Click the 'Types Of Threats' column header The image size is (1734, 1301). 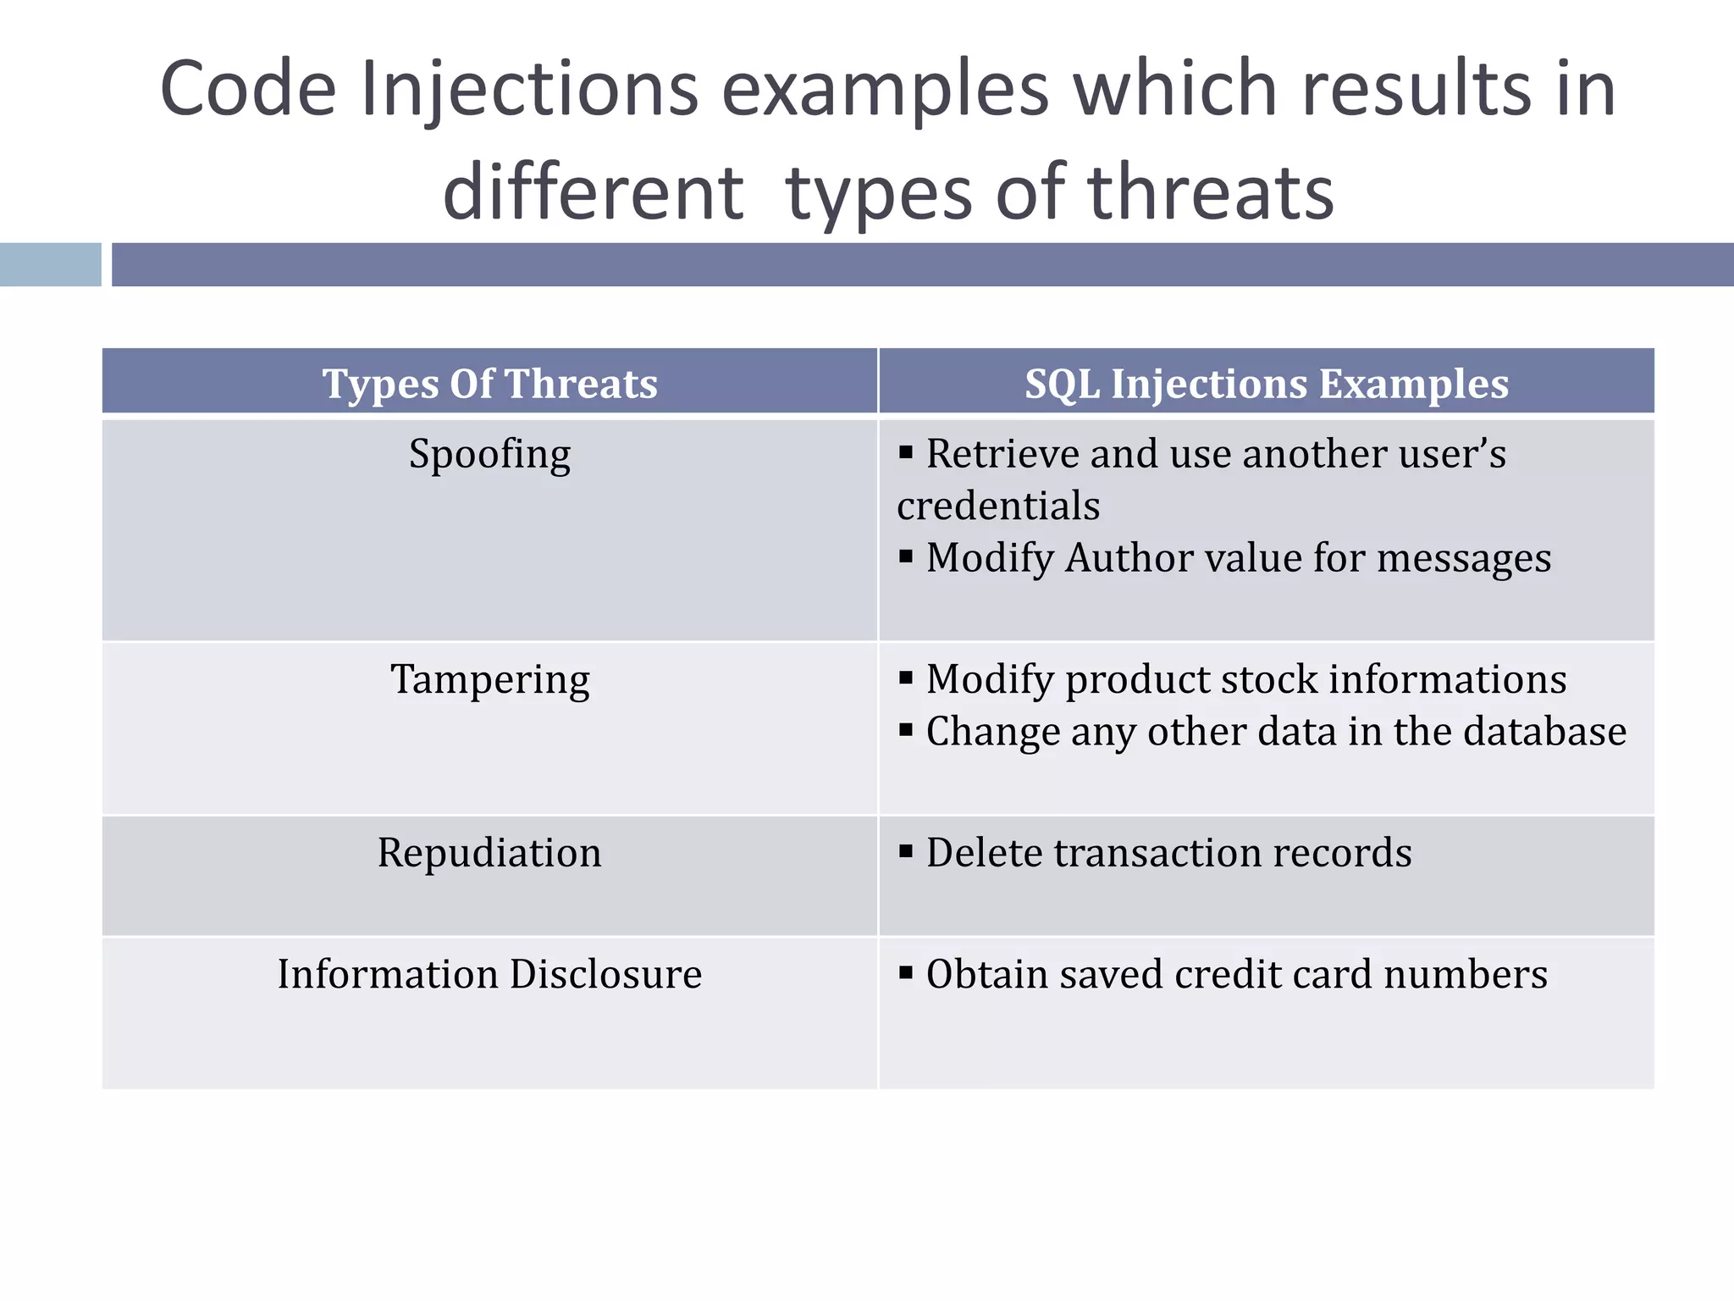coord(489,384)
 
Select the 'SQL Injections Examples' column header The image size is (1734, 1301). coord(1267,384)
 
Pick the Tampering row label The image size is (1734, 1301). coord(489,679)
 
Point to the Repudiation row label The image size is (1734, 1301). coord(489,853)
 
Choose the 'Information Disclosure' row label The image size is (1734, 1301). coord(489,974)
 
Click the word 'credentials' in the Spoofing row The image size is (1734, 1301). coord(998,507)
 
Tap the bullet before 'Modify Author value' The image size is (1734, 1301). coord(906,557)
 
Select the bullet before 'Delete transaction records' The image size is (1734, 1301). coord(906,851)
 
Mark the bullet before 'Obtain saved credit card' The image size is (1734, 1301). coord(906,972)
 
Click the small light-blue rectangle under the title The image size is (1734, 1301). coord(50,264)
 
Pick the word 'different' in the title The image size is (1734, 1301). coord(593,193)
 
